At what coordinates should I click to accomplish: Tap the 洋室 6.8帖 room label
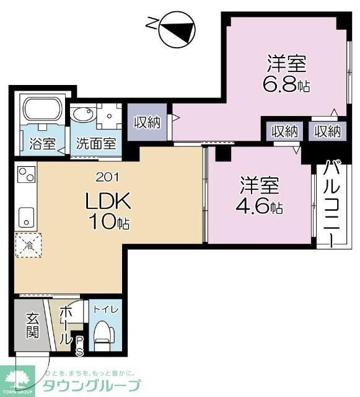287,74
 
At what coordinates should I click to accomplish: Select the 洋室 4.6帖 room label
261,195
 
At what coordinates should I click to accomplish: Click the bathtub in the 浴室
42,112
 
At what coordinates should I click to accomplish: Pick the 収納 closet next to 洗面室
147,122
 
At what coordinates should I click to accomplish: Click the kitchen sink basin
25,216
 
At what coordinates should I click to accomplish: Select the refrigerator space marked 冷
27,244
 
